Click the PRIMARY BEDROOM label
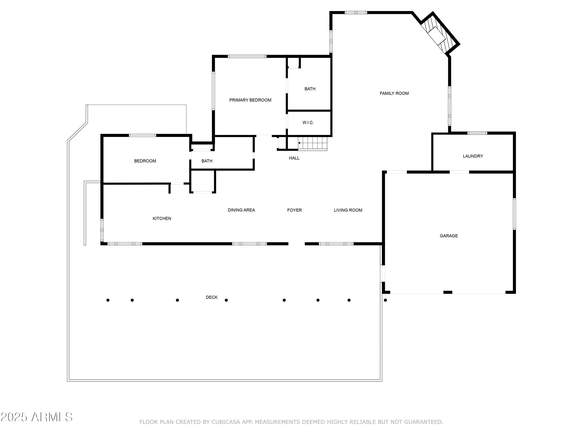pos(250,100)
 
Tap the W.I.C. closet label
pos(308,123)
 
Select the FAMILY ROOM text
pos(394,93)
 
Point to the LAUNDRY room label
pos(473,156)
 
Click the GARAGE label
pos(449,236)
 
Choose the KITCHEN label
pos(162,218)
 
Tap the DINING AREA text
pos(241,210)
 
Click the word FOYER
pos(294,210)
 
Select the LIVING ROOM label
pos(348,210)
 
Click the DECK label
pos(212,297)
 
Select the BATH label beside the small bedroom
pos(207,161)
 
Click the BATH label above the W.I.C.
pos(310,89)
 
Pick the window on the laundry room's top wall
pos(477,133)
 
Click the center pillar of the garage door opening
pos(448,292)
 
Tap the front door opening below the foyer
pos(297,244)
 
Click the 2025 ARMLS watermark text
pos(37,417)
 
